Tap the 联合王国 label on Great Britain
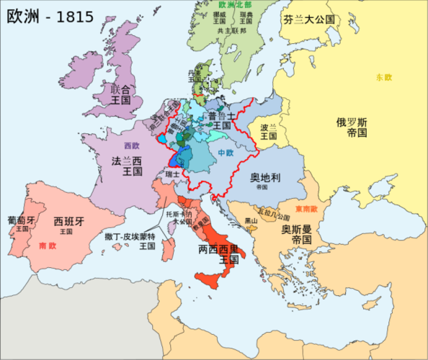tap(120, 94)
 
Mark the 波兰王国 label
tap(269, 130)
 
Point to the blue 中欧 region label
tap(226, 153)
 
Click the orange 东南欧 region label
tap(308, 209)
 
